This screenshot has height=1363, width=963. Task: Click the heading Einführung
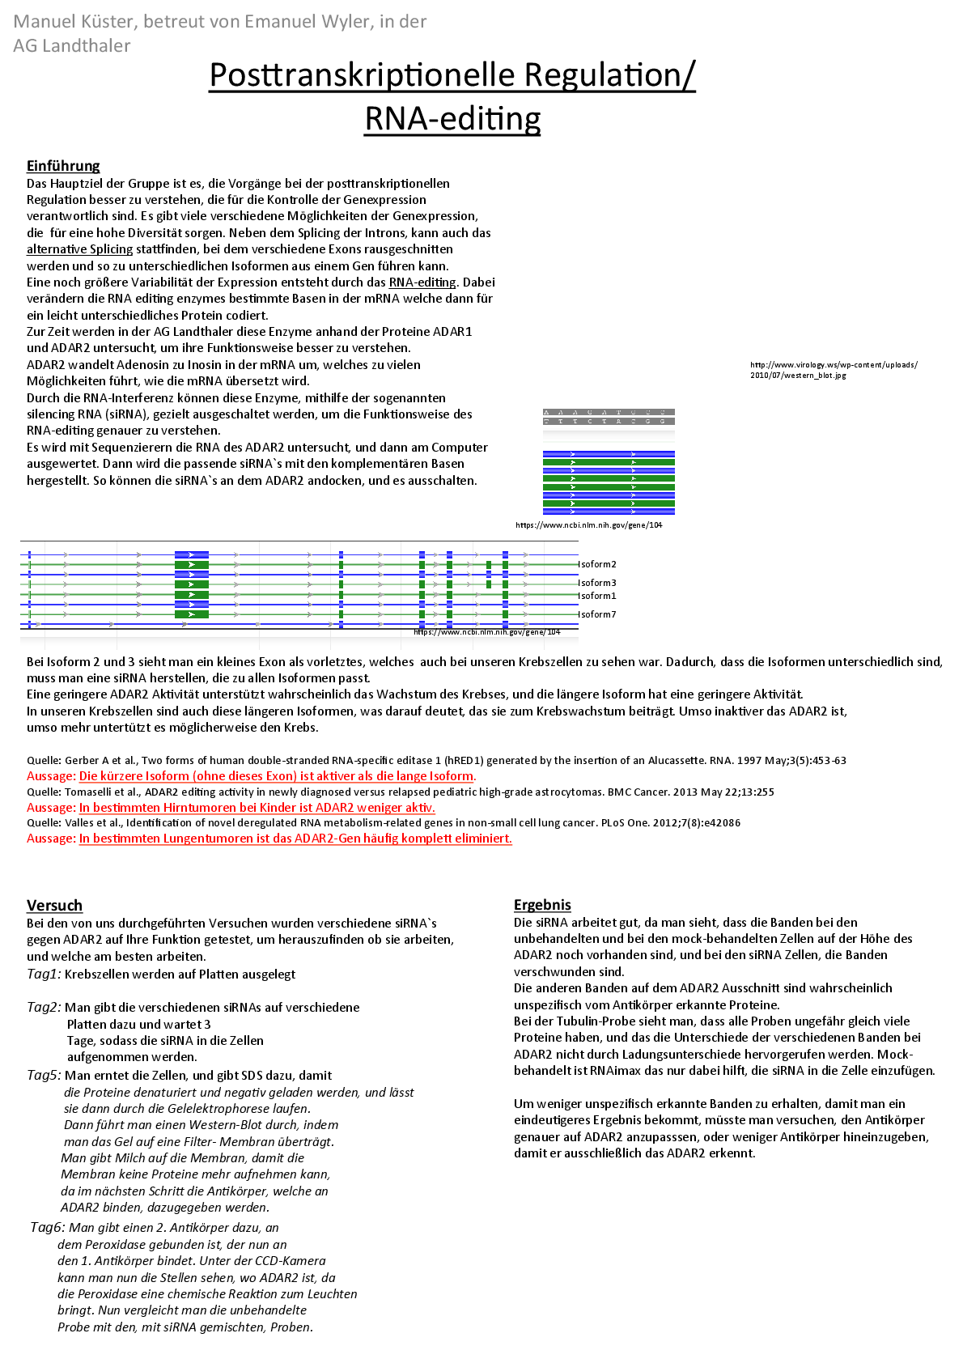click(63, 166)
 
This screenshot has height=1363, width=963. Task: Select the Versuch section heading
click(54, 905)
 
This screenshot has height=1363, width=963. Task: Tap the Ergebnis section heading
click(542, 904)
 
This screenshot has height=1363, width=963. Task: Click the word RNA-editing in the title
click(452, 118)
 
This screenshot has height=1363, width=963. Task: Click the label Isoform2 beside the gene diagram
click(597, 564)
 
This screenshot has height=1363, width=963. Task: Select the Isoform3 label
click(597, 583)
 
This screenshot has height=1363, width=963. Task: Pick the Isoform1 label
click(597, 596)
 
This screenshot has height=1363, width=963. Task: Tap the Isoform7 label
click(597, 614)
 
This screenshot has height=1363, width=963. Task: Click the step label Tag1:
click(44, 974)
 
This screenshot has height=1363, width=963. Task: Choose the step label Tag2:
click(44, 1007)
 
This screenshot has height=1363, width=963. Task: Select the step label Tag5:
click(44, 1075)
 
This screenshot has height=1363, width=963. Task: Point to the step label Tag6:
click(47, 1227)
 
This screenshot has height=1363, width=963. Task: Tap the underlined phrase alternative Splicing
click(79, 249)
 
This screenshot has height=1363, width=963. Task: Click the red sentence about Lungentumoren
click(295, 839)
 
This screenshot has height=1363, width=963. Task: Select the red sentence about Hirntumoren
click(257, 808)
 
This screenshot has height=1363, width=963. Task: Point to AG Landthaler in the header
click(71, 46)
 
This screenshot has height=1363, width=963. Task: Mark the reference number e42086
click(720, 823)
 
